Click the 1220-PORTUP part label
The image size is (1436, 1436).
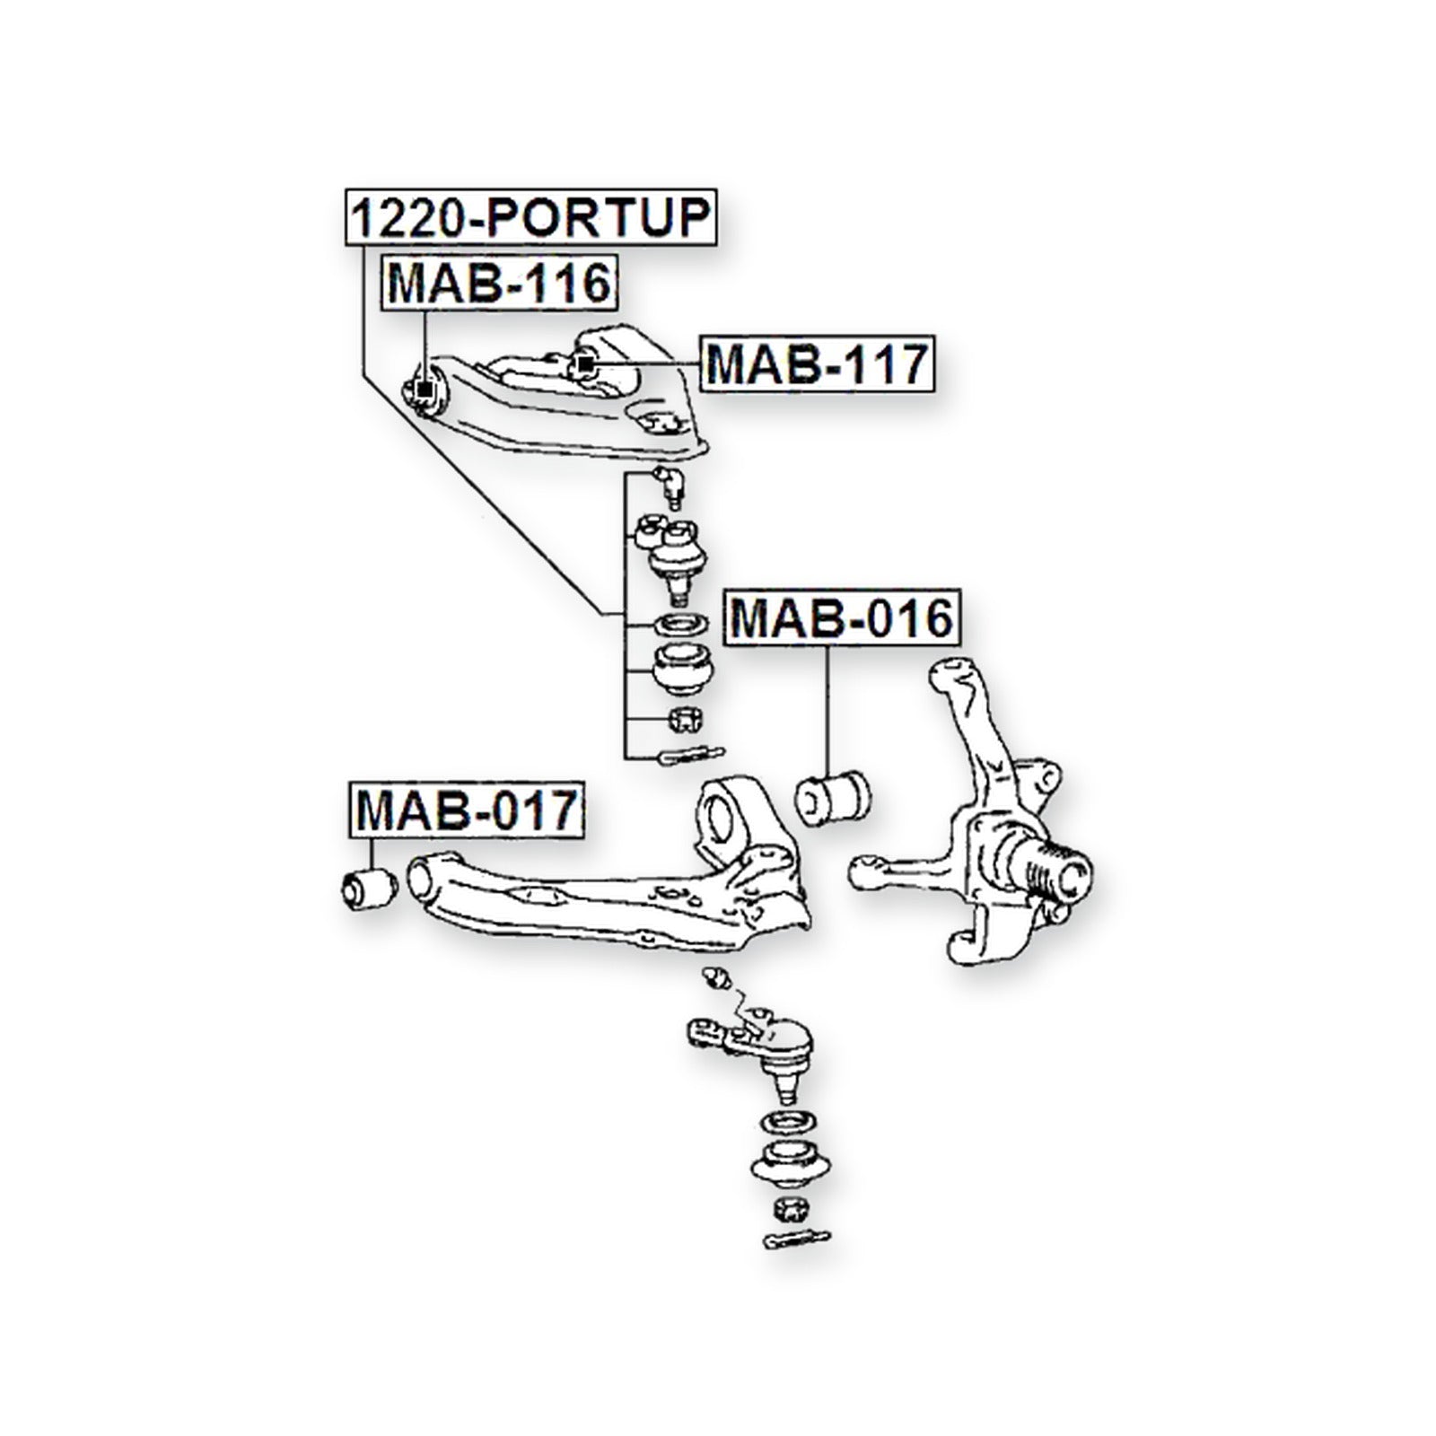pos(530,217)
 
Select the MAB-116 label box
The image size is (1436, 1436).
pos(499,283)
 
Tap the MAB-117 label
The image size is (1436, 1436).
pos(817,363)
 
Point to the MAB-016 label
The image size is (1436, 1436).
pos(842,617)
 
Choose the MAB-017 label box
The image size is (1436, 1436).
pos(466,810)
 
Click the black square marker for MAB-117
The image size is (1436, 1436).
pos(583,363)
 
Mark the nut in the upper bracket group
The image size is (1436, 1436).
pos(687,719)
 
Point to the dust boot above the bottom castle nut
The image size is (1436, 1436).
pos(784,1166)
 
